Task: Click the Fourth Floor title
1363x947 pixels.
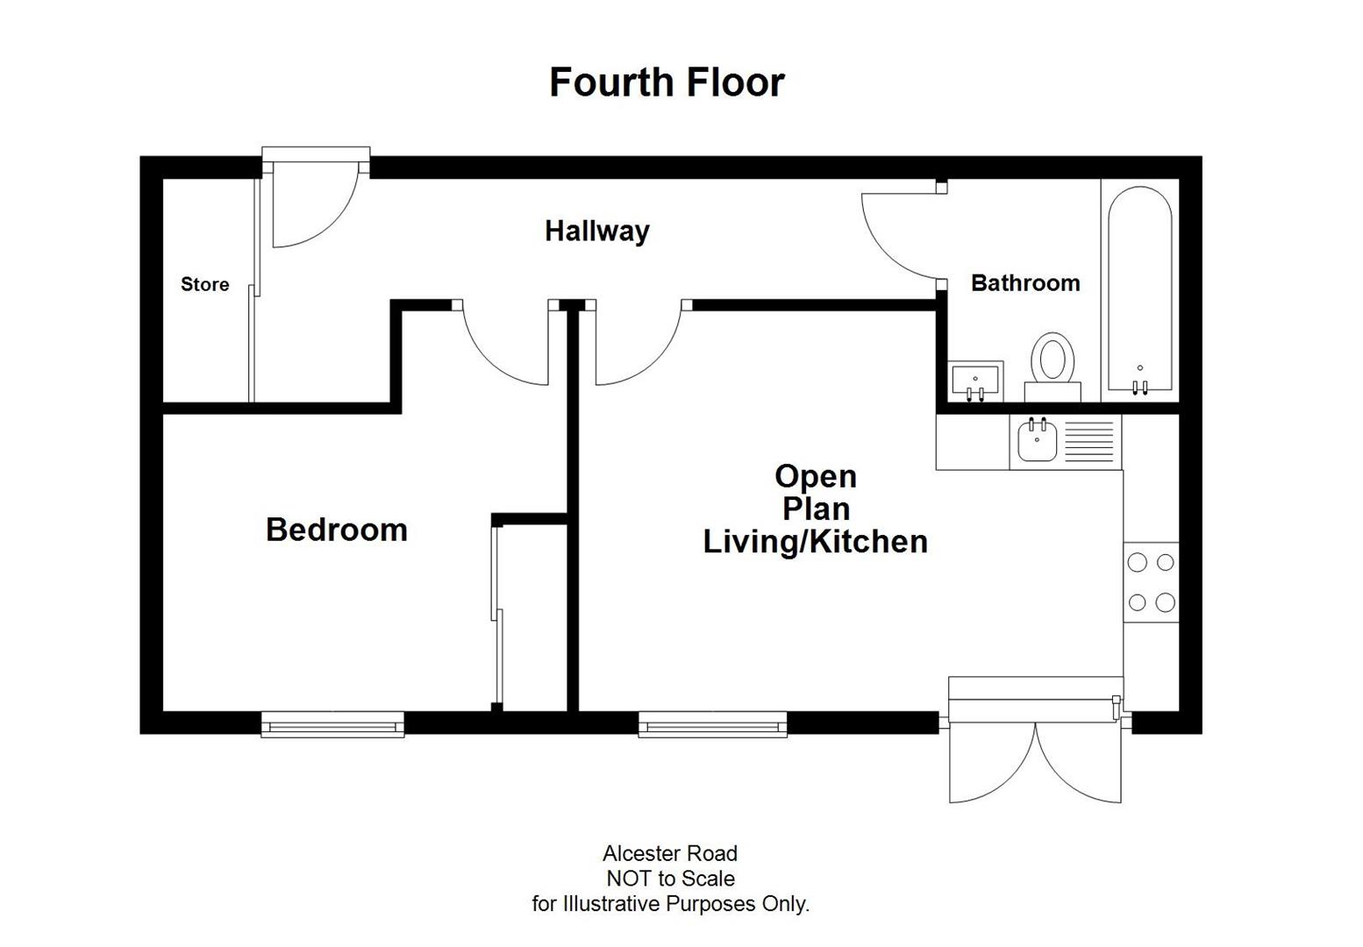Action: coord(667,82)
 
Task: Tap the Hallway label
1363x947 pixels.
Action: coord(596,231)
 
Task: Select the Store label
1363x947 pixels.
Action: coord(204,284)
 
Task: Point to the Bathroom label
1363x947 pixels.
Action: coord(1024,283)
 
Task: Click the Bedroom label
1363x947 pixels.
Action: coord(337,530)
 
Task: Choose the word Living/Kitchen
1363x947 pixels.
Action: coord(815,542)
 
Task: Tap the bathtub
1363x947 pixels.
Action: coord(1139,289)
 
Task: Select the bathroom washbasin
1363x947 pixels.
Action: coord(975,381)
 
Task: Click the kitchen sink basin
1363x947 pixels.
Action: coord(1038,441)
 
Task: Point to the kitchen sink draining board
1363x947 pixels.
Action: coord(1088,441)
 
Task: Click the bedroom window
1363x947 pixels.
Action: coord(332,725)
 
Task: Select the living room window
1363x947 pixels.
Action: coord(711,724)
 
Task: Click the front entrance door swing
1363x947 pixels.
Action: coord(311,206)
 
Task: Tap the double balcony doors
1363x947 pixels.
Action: coord(1035,758)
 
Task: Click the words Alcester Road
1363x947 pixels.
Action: coord(670,853)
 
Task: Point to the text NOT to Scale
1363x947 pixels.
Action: coord(670,879)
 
